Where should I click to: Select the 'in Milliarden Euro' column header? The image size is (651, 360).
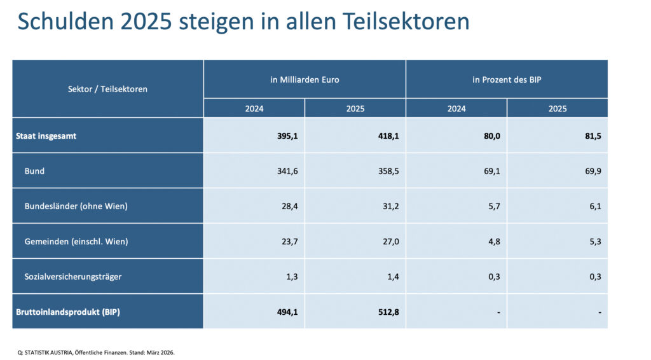[x=305, y=80]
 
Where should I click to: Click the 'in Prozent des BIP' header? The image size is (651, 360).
[x=507, y=80]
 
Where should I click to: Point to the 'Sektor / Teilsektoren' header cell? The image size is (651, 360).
[x=107, y=89]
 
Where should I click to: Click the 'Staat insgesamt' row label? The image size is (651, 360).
[x=46, y=135]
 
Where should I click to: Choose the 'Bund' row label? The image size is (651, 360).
[x=34, y=171]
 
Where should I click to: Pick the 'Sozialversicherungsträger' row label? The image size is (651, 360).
[x=72, y=277]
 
